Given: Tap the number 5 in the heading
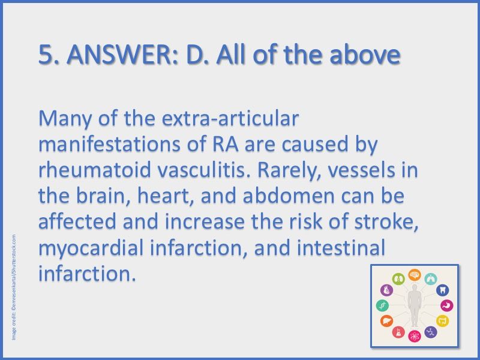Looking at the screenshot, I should coord(46,55).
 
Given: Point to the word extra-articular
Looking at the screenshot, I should coord(230,119).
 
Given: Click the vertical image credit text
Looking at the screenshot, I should coord(13,287).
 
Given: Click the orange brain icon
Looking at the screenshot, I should coord(415,275).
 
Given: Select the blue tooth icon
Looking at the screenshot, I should coord(443,290).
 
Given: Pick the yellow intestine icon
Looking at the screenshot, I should coord(443,320).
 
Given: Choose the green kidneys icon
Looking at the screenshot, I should coord(398,279).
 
